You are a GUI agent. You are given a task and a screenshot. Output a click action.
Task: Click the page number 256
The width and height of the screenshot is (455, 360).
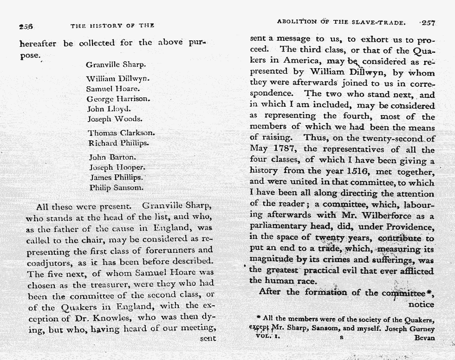pyautogui.click(x=26, y=26)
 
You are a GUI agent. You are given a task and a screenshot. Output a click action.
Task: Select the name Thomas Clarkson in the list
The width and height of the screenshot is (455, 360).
pyautogui.click(x=121, y=133)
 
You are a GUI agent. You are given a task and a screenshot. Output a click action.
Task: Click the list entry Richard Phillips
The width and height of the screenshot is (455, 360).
pyautogui.click(x=118, y=143)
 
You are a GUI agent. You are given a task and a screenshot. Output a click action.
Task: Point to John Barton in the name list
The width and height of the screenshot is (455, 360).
pyautogui.click(x=112, y=157)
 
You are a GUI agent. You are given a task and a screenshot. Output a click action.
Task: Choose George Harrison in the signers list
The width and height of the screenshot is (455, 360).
pyautogui.click(x=118, y=99)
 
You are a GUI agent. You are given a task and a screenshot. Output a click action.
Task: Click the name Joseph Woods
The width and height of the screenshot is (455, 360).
pyautogui.click(x=115, y=119)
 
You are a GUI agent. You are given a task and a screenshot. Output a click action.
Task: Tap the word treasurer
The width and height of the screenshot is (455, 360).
pyautogui.click(x=108, y=283)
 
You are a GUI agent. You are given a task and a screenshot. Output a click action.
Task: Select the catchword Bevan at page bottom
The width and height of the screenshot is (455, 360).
pyautogui.click(x=424, y=338)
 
